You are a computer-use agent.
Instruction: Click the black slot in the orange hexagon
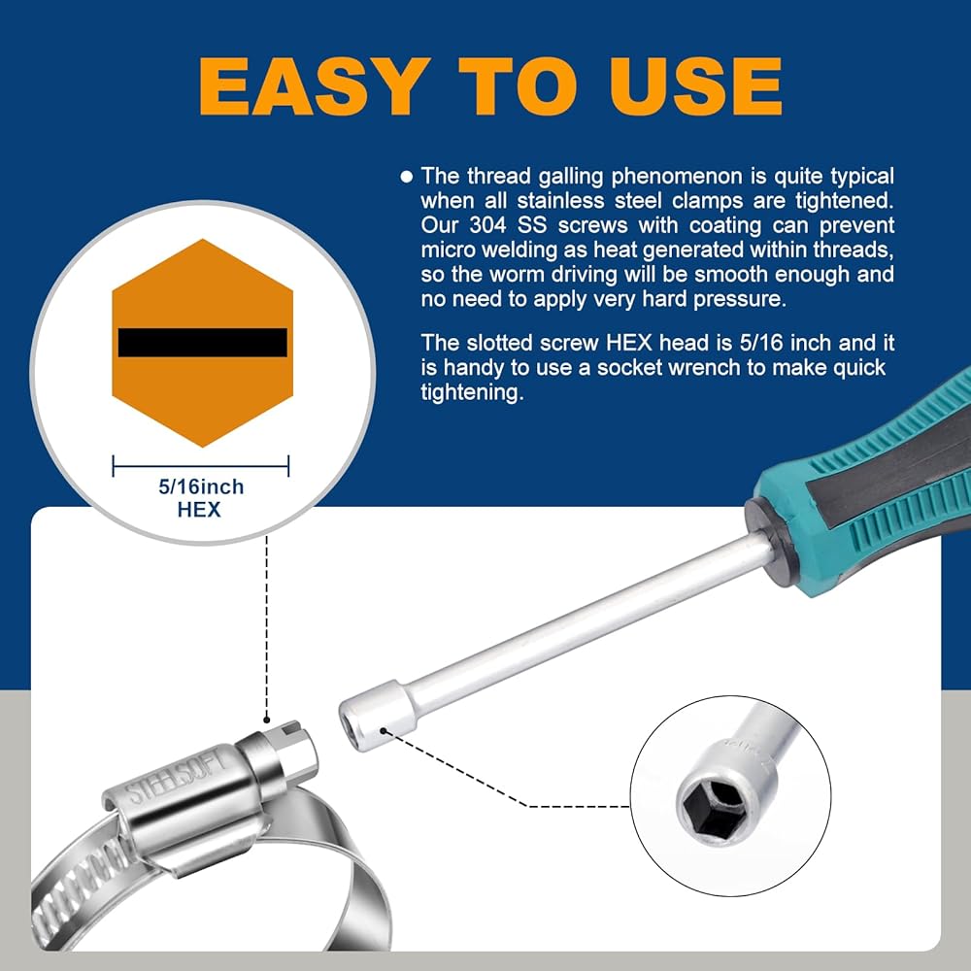[x=203, y=343]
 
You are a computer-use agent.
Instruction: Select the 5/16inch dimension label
[x=201, y=486]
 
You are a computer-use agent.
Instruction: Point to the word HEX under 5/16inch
[x=199, y=510]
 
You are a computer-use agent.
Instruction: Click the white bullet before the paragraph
[x=406, y=177]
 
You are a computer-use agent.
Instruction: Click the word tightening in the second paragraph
[x=472, y=392]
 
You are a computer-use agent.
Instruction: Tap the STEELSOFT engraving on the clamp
[x=178, y=777]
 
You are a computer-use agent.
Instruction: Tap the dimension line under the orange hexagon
[x=201, y=466]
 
